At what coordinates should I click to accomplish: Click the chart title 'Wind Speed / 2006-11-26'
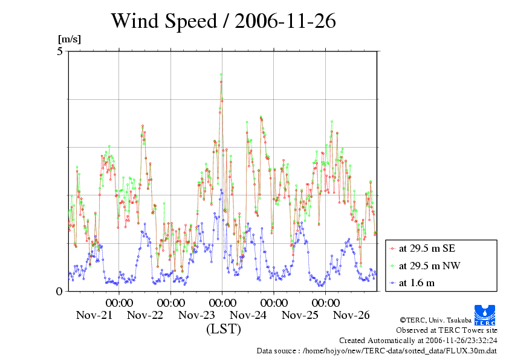(223, 21)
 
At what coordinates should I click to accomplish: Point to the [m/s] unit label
(69, 39)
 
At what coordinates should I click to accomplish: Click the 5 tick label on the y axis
(60, 51)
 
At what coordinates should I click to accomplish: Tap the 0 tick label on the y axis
(60, 291)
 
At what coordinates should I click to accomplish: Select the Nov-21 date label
(94, 315)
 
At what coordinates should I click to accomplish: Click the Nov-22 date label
(146, 315)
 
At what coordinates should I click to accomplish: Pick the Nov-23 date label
(197, 315)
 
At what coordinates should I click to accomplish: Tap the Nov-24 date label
(248, 315)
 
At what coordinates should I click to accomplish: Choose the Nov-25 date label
(300, 315)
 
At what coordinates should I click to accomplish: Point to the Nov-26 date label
(351, 315)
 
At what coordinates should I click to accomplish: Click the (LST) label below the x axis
(223, 330)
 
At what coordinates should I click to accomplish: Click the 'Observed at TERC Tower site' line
(446, 330)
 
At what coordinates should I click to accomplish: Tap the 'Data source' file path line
(377, 351)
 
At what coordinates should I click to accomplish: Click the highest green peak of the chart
(221, 74)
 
